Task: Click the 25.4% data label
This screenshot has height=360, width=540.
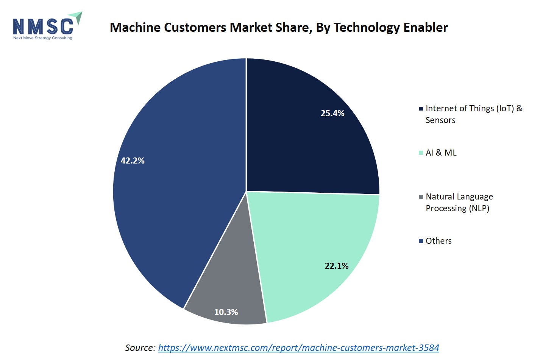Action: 332,113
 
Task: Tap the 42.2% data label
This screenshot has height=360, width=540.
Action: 133,161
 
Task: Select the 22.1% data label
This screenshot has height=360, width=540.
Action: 336,266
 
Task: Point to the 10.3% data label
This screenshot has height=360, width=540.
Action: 226,312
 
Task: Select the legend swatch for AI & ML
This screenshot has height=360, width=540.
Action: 421,153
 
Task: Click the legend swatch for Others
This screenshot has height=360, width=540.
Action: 421,241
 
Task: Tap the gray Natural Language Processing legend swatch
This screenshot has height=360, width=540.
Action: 421,197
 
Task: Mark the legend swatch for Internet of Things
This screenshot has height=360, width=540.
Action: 421,109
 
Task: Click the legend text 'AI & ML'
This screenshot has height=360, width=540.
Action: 441,153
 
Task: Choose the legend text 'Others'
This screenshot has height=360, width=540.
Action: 439,241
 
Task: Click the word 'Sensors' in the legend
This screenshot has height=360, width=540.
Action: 440,120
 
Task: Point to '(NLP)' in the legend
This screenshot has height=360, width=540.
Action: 479,208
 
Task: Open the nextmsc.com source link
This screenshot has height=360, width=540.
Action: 298,348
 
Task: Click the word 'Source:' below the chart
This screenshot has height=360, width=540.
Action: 140,348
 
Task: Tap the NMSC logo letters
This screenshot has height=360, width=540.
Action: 42,26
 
